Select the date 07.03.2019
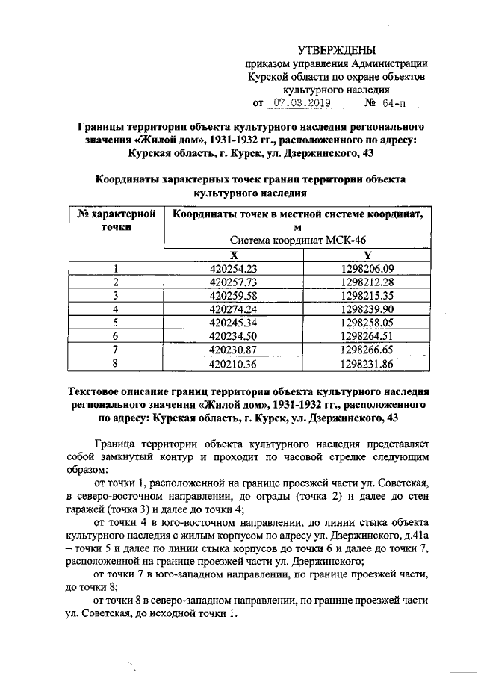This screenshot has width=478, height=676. tap(297, 102)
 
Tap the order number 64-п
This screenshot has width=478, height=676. tap(389, 102)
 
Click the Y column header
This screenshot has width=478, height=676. tap(366, 255)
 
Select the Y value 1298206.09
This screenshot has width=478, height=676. tap(366, 270)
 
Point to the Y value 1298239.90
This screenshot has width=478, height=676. tap(366, 309)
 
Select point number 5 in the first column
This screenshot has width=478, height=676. tap(116, 323)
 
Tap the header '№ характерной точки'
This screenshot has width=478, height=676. tap(116, 220)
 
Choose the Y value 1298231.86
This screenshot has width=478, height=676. tap(366, 364)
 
